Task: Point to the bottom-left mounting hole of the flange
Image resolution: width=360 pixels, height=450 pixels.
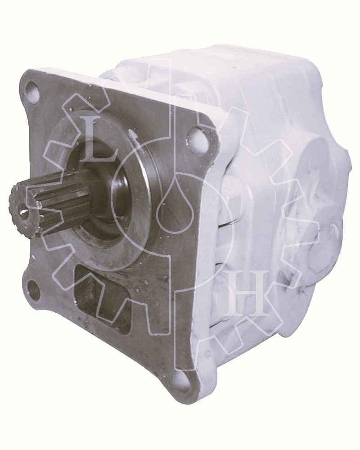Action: (34, 288)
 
